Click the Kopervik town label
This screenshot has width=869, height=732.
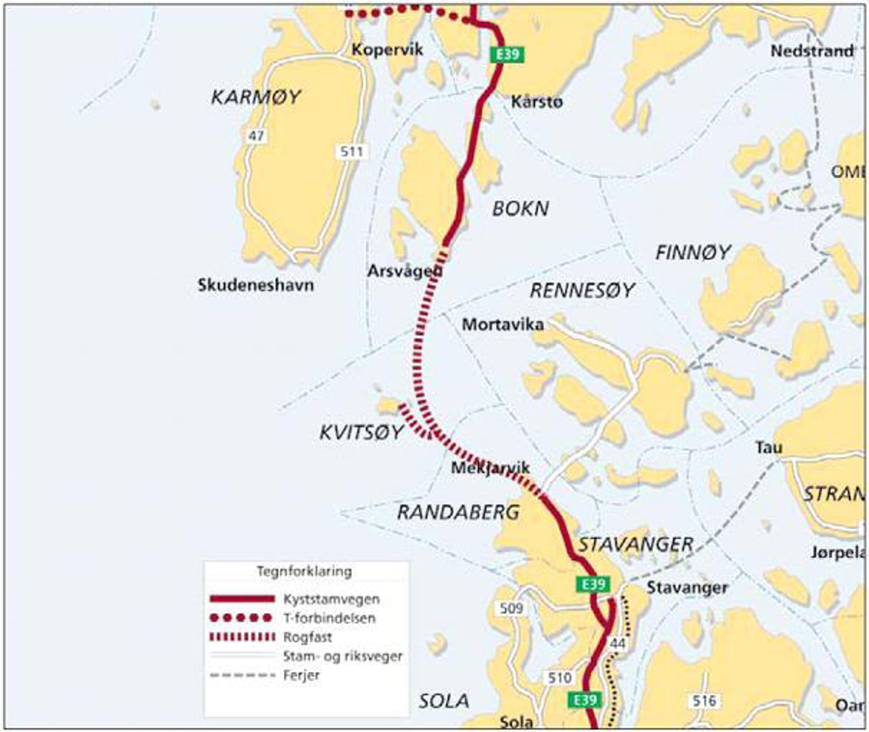point(387,49)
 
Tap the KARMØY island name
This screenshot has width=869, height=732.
point(255,97)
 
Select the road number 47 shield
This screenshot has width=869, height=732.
point(256,136)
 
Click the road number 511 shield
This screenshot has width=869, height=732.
point(352,152)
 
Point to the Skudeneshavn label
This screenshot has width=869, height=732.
point(255,286)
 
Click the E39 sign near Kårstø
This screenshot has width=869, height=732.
point(507,55)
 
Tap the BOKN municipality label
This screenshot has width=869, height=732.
point(520,209)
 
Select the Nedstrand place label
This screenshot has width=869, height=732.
point(812,51)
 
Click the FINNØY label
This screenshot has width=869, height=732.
point(693,253)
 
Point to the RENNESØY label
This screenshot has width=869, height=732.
point(582,290)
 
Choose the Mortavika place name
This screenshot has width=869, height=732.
point(503,325)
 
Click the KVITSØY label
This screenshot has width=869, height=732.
point(361,432)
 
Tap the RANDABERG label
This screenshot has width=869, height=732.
point(458,513)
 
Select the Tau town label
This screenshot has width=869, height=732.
point(769,448)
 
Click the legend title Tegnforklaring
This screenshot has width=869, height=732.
point(304,571)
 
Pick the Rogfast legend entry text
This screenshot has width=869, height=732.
point(307,637)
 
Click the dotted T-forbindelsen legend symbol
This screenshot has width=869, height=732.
point(242,618)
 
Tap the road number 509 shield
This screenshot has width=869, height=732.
point(511,608)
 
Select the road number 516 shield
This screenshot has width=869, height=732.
point(704,701)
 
